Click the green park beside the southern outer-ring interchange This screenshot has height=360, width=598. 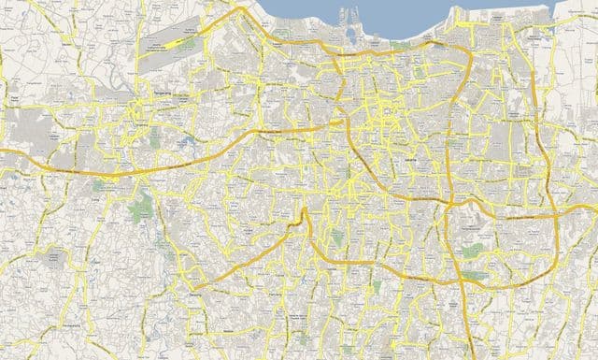pyautogui.click(x=475, y=277)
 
